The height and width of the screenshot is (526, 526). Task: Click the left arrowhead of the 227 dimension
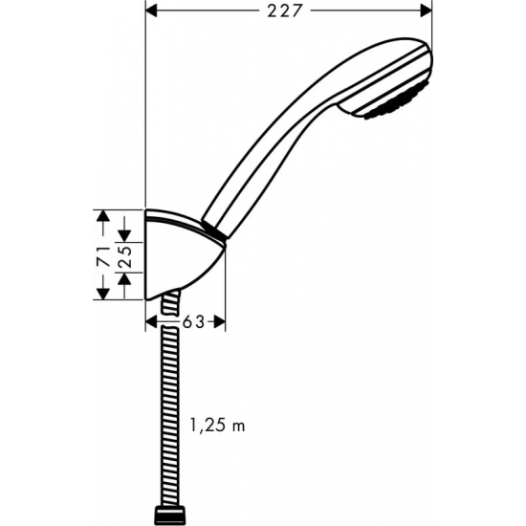pos(153,11)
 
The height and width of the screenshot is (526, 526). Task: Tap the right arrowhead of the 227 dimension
pos(424,11)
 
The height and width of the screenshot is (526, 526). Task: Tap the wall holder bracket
pos(182,258)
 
